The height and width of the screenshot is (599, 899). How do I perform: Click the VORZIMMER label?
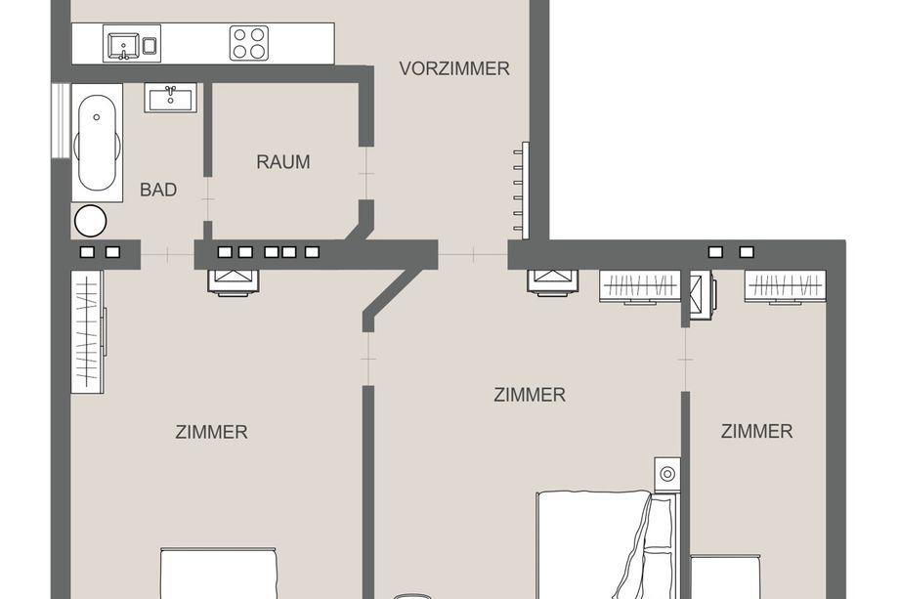tap(454, 68)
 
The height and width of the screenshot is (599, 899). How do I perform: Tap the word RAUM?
tap(283, 162)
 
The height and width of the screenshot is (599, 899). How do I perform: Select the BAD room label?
tap(158, 190)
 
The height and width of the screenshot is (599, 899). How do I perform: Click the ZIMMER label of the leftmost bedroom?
tap(212, 432)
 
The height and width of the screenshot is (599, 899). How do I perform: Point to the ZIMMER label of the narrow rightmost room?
tap(756, 431)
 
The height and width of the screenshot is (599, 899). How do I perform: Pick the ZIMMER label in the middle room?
tap(530, 395)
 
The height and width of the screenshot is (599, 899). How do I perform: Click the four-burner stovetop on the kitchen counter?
tap(249, 43)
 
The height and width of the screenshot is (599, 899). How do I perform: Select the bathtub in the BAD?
tap(97, 143)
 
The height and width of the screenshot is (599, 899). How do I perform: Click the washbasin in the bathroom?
tap(170, 98)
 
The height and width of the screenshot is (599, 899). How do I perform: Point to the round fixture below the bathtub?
tap(91, 221)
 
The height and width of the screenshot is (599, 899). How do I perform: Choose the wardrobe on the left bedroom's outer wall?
tap(88, 332)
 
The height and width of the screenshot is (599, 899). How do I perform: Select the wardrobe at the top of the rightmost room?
tap(785, 286)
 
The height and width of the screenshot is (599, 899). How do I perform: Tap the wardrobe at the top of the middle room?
tap(640, 286)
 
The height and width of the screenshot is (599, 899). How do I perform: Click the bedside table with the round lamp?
tap(667, 475)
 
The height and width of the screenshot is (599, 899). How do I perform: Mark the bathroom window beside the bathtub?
tap(61, 120)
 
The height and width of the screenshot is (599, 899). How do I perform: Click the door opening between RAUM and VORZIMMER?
tap(366, 173)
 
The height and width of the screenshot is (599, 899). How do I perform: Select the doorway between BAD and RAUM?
tap(207, 199)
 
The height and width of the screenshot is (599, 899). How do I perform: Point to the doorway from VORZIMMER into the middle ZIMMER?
tap(473, 254)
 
